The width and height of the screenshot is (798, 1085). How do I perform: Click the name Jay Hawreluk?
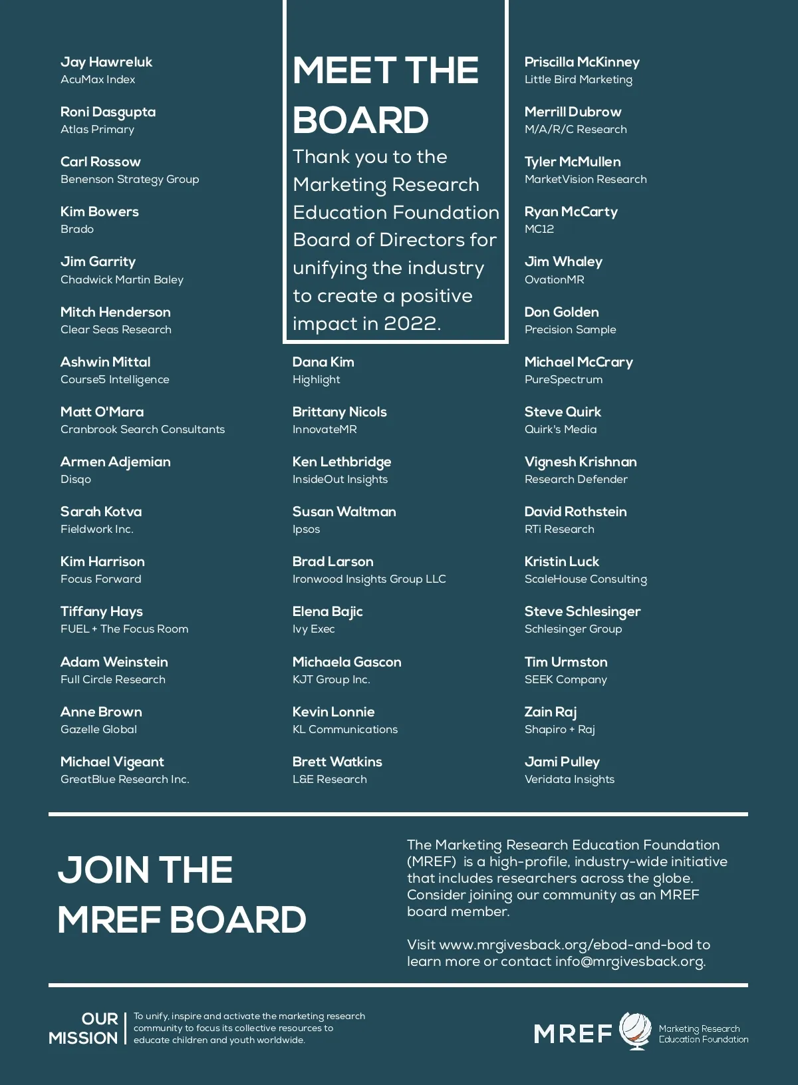(x=106, y=62)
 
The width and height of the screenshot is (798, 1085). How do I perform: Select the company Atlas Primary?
(x=97, y=129)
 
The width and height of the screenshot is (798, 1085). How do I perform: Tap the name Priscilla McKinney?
(x=582, y=62)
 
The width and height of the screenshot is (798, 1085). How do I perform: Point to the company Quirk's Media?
(x=561, y=429)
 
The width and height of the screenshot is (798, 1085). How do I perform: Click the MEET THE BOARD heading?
(x=385, y=95)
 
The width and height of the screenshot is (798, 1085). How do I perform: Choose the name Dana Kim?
(x=323, y=362)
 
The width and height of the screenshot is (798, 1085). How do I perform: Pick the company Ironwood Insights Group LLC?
(x=369, y=579)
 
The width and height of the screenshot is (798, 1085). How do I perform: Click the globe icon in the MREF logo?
(x=635, y=1030)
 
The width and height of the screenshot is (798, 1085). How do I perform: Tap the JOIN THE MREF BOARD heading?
(x=182, y=895)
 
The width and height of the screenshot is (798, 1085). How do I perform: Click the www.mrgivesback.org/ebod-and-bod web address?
(x=566, y=945)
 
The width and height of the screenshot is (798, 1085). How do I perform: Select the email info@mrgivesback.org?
(x=629, y=961)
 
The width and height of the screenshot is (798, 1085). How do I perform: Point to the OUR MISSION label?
(x=84, y=1028)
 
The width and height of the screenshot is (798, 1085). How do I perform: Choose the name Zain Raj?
(x=551, y=712)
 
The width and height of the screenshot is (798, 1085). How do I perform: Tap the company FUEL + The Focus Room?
(x=124, y=629)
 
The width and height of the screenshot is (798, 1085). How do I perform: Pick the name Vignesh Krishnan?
(x=581, y=462)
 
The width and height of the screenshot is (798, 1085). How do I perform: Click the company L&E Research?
(x=329, y=779)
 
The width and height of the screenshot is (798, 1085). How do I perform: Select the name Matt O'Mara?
(x=102, y=412)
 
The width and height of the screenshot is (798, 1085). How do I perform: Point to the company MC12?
(x=539, y=229)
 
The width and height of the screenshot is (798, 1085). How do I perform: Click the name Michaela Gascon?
(x=346, y=662)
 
